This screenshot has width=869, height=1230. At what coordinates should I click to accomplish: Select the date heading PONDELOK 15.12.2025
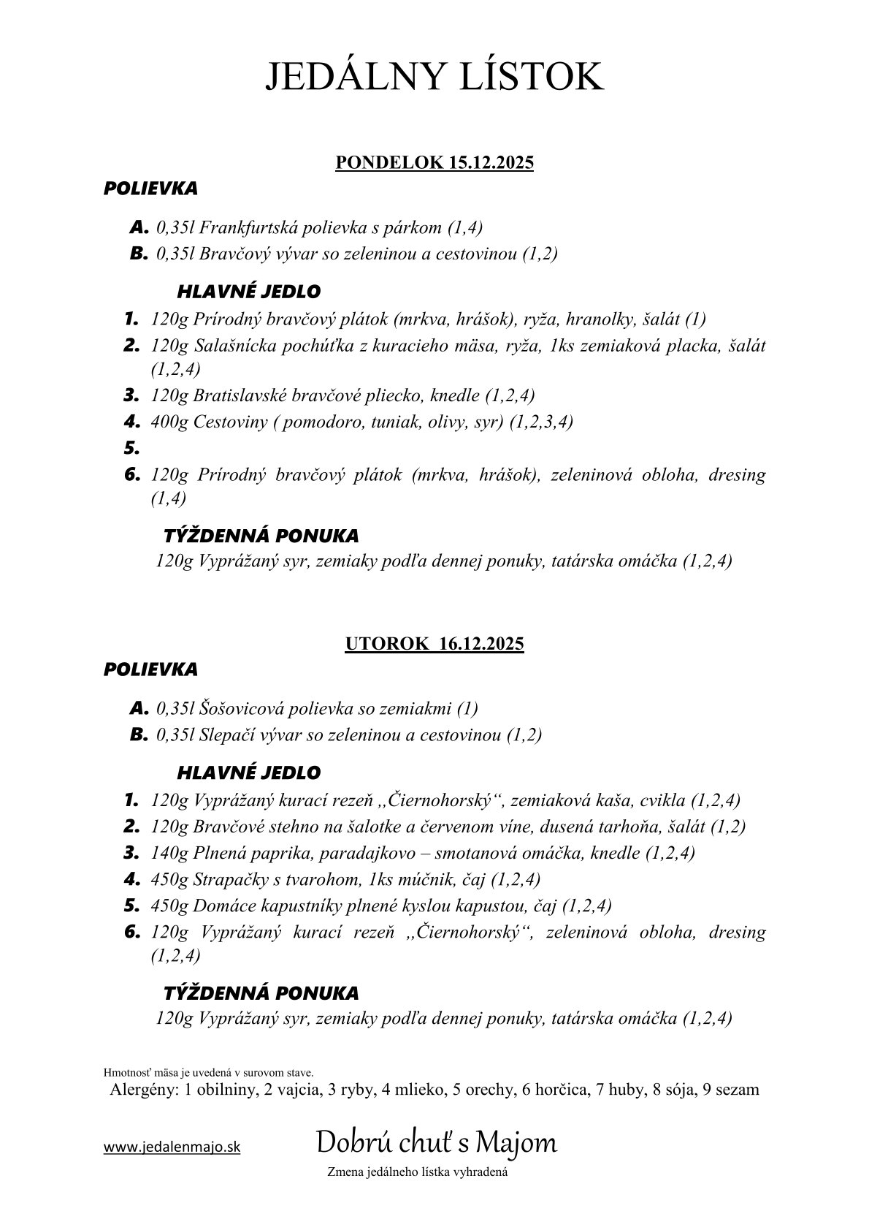(x=434, y=162)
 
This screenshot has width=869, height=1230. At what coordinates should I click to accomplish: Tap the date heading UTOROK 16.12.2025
(x=434, y=644)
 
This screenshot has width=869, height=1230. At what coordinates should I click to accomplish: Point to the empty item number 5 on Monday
(x=131, y=448)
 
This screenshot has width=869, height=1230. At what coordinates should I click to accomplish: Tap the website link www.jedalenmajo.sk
(x=172, y=1147)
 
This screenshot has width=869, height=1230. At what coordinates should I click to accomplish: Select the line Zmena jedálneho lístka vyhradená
(x=418, y=1172)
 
